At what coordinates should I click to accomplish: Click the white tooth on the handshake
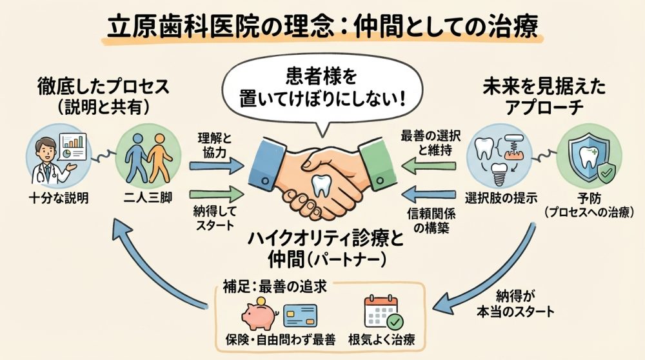coord(321,185)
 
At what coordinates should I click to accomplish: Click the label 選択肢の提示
coord(500,197)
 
